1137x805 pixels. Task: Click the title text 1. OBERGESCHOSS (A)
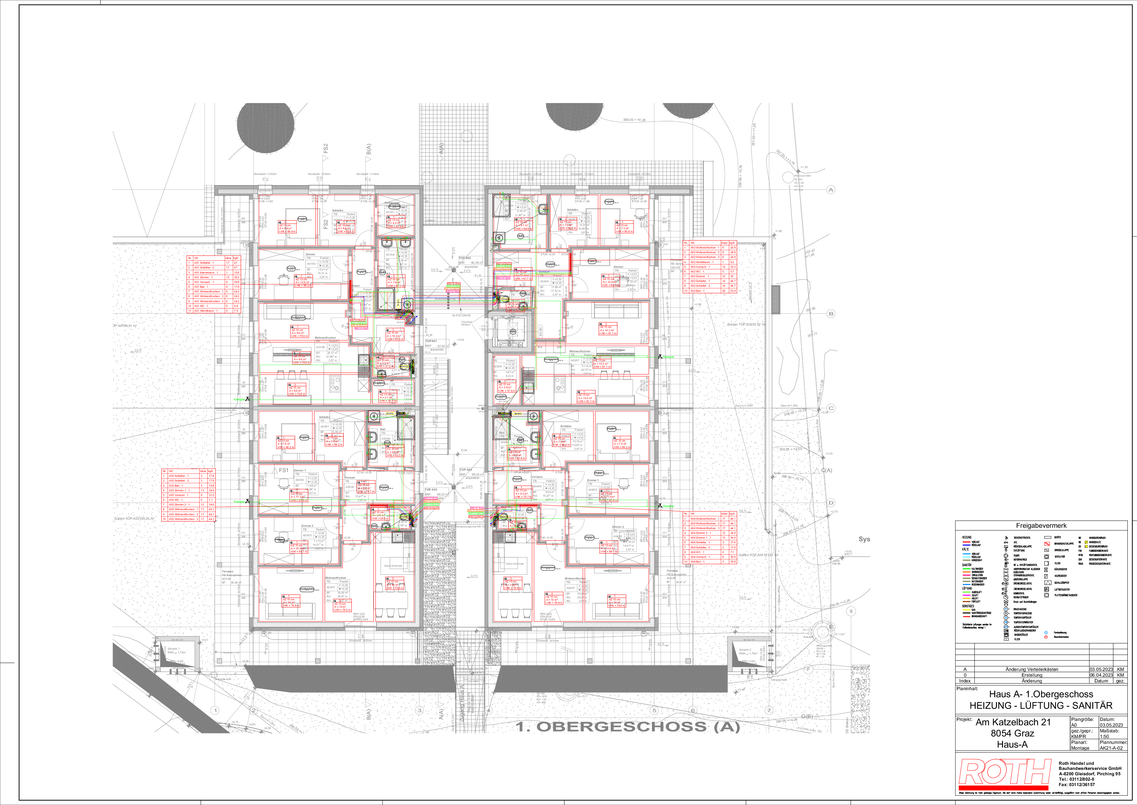point(628,727)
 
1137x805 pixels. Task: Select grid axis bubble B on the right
point(831,313)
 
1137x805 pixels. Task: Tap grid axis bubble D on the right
point(831,503)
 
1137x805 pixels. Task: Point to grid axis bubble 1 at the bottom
point(215,710)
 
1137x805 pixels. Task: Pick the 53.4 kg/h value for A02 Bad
point(733,291)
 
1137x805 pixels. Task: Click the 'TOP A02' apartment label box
point(465,258)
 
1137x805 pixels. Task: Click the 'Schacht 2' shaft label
point(745,649)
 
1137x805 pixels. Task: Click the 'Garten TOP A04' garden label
point(755,555)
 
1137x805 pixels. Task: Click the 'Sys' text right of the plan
point(864,539)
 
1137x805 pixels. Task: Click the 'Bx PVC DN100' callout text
point(461,315)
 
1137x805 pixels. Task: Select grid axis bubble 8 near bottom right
point(851,611)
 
